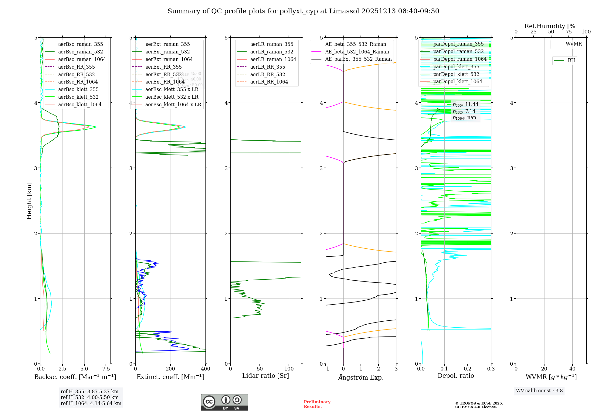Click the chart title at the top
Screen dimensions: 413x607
(303, 11)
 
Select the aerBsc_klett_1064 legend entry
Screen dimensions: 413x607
(80, 104)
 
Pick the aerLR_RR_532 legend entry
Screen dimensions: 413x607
(267, 74)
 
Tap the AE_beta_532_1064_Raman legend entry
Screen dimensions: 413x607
(357, 52)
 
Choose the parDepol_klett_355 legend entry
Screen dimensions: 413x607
(456, 67)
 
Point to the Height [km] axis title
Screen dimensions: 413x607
(29, 200)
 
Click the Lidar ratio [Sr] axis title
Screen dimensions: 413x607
(266, 376)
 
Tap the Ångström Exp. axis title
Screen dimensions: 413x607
(361, 377)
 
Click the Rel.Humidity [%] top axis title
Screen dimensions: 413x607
(551, 26)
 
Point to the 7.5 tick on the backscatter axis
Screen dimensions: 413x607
(106, 369)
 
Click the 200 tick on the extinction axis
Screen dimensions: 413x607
(171, 369)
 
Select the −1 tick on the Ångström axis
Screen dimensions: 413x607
(326, 369)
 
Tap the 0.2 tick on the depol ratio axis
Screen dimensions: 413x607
(468, 369)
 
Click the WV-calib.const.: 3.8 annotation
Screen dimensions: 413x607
(539, 391)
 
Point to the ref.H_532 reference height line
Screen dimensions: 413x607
(90, 397)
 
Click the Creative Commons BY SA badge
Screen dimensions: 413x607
(224, 402)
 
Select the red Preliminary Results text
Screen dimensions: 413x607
(317, 404)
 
